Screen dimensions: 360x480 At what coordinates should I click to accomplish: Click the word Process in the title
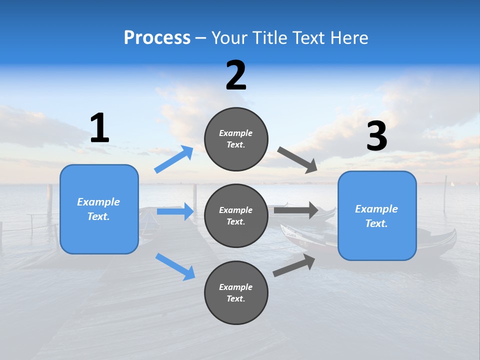coord(157,38)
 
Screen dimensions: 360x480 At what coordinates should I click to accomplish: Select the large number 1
coord(99,128)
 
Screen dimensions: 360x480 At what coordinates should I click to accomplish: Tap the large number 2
coord(236,75)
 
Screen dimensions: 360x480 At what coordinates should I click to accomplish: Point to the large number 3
coord(376,136)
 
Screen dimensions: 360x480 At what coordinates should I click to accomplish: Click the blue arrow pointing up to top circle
coord(173,159)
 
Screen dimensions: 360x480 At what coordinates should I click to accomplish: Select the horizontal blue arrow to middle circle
coord(175,211)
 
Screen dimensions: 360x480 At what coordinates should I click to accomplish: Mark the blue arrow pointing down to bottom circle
coord(175,266)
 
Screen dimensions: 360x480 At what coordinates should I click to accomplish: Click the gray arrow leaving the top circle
coord(297,159)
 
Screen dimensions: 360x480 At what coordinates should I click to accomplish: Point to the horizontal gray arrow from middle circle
coord(296,210)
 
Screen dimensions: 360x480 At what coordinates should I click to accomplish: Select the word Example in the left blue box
coord(98,202)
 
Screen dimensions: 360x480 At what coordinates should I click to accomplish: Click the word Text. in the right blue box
coord(376,223)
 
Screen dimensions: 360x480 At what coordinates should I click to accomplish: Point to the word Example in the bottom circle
coord(236,287)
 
